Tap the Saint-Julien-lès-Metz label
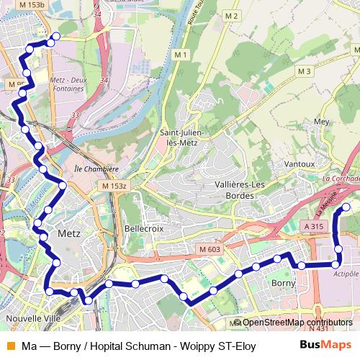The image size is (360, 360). click(183, 137)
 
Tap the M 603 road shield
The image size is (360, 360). click(211, 249)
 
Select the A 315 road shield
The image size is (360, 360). click(312, 226)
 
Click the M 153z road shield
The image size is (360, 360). click(114, 186)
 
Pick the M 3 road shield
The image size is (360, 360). click(304, 71)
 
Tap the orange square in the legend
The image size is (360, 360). click(9, 346)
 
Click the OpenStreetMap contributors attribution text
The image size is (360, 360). click(297, 323)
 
